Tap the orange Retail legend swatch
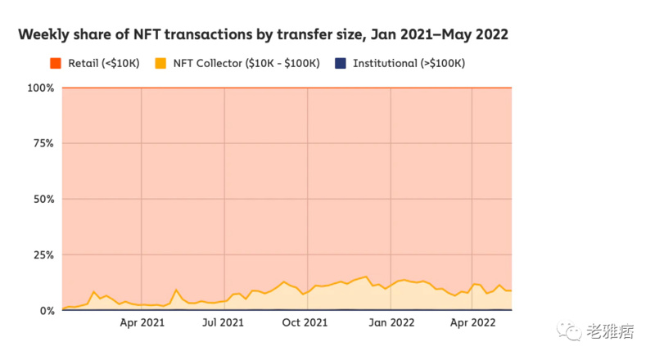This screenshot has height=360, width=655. pyautogui.click(x=56, y=63)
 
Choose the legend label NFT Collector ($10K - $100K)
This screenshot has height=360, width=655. pyautogui.click(x=246, y=63)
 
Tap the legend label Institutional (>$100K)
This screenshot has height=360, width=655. pyautogui.click(x=406, y=63)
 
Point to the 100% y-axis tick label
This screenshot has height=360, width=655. pyautogui.click(x=41, y=88)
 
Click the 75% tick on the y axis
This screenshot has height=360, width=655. pyautogui.click(x=43, y=143)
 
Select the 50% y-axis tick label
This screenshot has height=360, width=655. pyautogui.click(x=43, y=199)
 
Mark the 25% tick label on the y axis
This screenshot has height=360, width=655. pyautogui.click(x=43, y=255)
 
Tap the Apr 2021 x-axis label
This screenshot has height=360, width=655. pyautogui.click(x=142, y=323)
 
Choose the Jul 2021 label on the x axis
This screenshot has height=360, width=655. pyautogui.click(x=224, y=323)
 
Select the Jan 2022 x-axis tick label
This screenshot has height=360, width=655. pyautogui.click(x=391, y=323)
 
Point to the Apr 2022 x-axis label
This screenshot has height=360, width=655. pyautogui.click(x=472, y=323)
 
